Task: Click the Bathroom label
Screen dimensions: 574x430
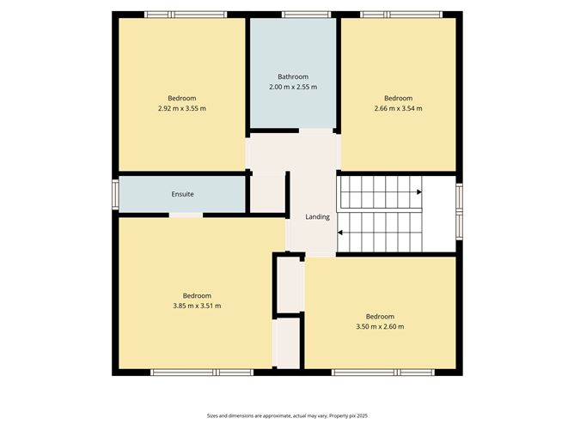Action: click(293, 76)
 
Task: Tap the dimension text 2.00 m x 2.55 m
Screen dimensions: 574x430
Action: click(293, 87)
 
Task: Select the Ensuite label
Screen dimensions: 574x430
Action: click(182, 194)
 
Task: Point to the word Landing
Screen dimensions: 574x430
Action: click(317, 217)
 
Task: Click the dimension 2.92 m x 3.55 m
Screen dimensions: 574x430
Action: click(182, 109)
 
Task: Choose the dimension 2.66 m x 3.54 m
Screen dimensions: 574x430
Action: click(399, 109)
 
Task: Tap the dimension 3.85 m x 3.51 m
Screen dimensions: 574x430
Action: click(197, 306)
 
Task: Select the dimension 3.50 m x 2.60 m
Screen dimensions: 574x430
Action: click(380, 326)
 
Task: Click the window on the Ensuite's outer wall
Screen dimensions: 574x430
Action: click(115, 195)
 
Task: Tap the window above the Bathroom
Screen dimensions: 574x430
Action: click(307, 15)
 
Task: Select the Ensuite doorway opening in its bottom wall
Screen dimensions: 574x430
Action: click(186, 215)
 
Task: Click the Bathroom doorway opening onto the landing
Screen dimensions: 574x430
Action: click(316, 131)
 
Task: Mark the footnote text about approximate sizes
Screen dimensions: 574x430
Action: click(287, 415)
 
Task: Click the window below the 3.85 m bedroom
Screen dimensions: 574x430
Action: click(202, 372)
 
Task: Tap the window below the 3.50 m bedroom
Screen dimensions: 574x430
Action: click(383, 372)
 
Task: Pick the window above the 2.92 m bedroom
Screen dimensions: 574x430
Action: click(186, 15)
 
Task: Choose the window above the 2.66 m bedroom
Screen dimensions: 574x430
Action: click(401, 15)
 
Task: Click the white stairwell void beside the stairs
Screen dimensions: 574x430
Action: click(439, 214)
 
